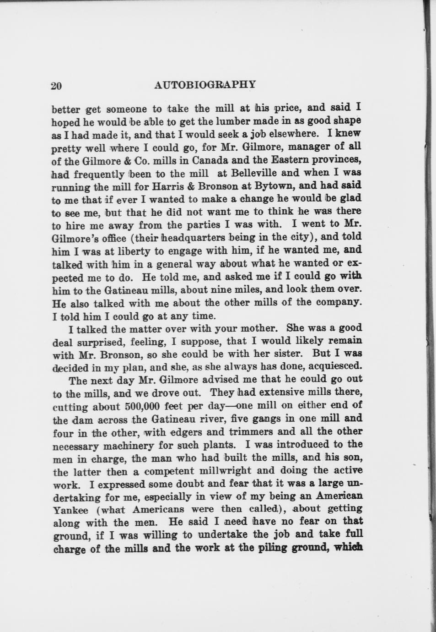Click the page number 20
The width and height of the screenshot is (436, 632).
[57, 86]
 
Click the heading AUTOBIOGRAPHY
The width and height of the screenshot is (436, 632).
[205, 85]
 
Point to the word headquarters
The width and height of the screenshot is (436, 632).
[199, 237]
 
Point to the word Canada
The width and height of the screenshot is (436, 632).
[212, 160]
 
